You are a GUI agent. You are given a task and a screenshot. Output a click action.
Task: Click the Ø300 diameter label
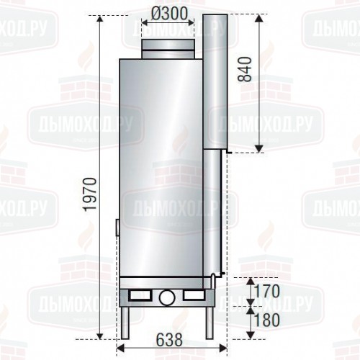(168, 12)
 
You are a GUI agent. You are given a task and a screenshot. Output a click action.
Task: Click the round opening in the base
(167, 296)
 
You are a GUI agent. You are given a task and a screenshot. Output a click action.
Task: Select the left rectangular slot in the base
(140, 294)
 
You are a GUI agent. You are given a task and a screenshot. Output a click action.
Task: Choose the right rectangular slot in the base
(193, 294)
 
